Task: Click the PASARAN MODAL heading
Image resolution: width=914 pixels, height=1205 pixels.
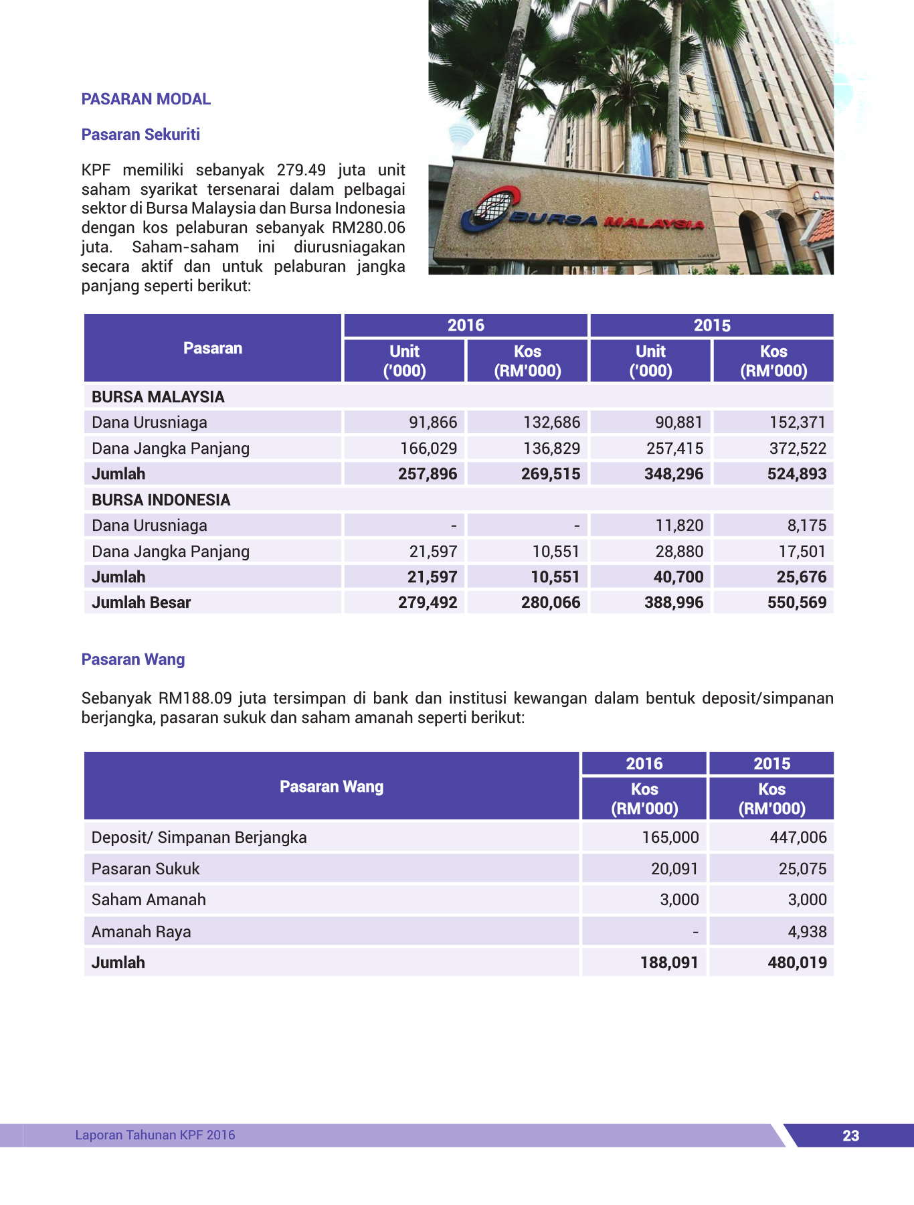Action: [x=146, y=99]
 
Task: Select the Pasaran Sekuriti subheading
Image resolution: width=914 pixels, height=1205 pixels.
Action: [x=141, y=135]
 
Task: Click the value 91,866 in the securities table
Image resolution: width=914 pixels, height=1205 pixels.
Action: [x=433, y=422]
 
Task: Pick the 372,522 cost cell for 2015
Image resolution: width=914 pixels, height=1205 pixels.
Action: [x=798, y=449]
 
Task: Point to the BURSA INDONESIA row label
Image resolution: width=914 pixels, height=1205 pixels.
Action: [x=161, y=500]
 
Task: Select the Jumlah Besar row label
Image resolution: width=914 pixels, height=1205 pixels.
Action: [x=141, y=602]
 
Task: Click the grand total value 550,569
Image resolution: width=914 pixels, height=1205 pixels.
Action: [x=797, y=602]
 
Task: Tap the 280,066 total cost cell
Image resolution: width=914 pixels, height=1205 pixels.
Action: [x=551, y=602]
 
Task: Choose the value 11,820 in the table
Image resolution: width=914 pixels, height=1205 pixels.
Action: [x=679, y=526]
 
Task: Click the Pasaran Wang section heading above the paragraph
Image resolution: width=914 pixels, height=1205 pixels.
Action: [x=133, y=659]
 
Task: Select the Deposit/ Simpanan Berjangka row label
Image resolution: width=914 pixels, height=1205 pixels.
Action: [x=199, y=837]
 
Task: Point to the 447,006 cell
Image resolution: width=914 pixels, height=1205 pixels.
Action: [x=798, y=837]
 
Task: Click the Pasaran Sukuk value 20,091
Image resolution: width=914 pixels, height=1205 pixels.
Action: [x=674, y=869]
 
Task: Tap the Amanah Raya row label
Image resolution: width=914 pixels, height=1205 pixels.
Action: [x=141, y=932]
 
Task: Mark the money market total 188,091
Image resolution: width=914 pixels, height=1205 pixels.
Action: [x=669, y=963]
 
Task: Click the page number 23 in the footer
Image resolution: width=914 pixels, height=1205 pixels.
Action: [x=850, y=1135]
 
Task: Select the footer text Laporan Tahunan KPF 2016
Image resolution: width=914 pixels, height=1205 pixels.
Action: [x=155, y=1135]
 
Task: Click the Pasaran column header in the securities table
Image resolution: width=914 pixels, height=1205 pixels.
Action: [x=213, y=348]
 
